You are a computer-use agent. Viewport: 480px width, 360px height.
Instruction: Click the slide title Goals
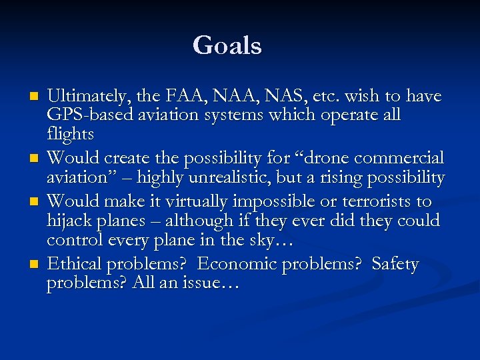pyautogui.click(x=227, y=45)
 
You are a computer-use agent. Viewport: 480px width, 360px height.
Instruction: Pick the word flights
pyautogui.click(x=70, y=134)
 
